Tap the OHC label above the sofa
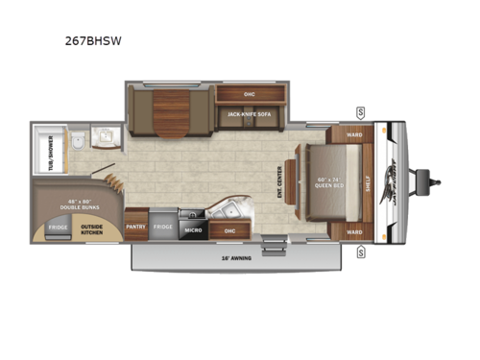(x=249, y=94)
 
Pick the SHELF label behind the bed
(x=370, y=181)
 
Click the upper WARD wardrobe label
(x=355, y=134)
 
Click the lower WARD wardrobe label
(x=355, y=231)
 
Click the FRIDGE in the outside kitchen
(x=59, y=228)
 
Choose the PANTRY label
(x=136, y=227)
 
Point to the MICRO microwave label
(x=192, y=230)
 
